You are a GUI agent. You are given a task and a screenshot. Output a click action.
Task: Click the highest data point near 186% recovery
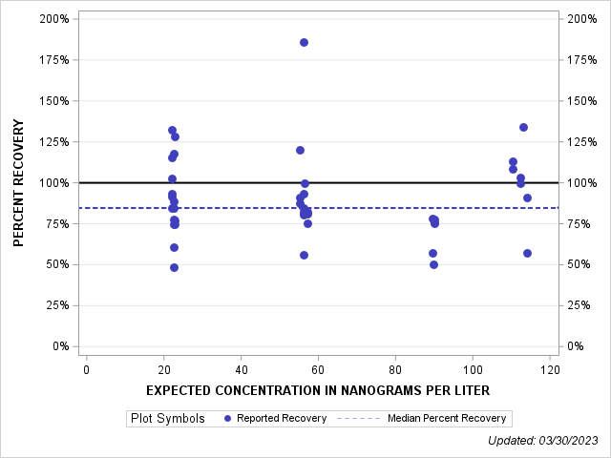(304, 42)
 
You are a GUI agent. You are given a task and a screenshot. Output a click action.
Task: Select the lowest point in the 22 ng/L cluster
(174, 267)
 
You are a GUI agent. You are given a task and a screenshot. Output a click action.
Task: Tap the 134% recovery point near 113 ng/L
(523, 127)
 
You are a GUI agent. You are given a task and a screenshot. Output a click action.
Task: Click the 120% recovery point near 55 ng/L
(300, 150)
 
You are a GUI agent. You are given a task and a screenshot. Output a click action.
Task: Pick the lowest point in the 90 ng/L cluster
(433, 264)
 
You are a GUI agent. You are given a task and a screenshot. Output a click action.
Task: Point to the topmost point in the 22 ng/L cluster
(172, 130)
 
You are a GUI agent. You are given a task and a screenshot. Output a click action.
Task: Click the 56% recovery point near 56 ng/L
(304, 255)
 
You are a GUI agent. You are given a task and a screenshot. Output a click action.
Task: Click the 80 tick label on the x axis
(395, 369)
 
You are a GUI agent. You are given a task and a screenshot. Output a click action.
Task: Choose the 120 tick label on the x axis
(549, 369)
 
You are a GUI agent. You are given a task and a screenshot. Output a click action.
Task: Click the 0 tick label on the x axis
(87, 369)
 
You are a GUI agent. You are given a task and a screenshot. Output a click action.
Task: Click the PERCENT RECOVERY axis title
(19, 183)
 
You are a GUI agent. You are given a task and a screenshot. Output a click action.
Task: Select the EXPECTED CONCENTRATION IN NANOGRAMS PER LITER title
(318, 390)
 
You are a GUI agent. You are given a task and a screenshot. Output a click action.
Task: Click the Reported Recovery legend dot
(227, 418)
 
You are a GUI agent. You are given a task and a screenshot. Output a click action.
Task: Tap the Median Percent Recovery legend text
(447, 418)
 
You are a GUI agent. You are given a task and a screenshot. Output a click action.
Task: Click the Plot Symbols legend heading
(167, 418)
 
